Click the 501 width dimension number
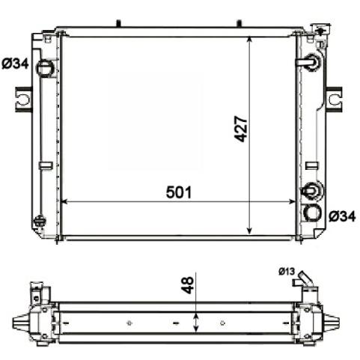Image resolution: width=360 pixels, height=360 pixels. [179, 192]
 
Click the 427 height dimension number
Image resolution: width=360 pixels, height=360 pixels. [241, 129]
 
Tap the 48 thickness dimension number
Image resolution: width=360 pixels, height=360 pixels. [187, 284]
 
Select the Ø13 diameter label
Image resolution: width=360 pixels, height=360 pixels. [287, 271]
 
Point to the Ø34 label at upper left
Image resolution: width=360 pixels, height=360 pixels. [15, 64]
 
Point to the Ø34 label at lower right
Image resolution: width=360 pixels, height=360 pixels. [342, 216]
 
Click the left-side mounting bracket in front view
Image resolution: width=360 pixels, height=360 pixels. [24, 100]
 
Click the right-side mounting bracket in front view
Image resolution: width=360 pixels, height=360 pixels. [334, 100]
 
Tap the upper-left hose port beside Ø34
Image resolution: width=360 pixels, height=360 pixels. [45, 68]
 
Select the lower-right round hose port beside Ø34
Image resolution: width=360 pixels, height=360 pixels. [311, 213]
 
